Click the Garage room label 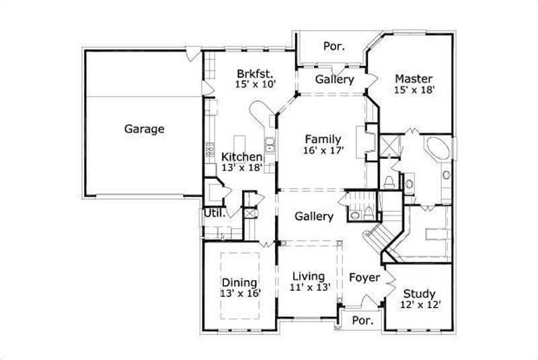click(144, 129)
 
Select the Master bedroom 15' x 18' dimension click(414, 89)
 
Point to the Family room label click(323, 140)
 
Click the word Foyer click(364, 277)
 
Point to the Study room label click(419, 293)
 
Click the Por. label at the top click(334, 46)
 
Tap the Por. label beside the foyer click(362, 321)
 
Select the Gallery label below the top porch click(334, 79)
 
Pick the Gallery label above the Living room click(313, 217)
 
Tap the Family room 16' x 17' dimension click(323, 151)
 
